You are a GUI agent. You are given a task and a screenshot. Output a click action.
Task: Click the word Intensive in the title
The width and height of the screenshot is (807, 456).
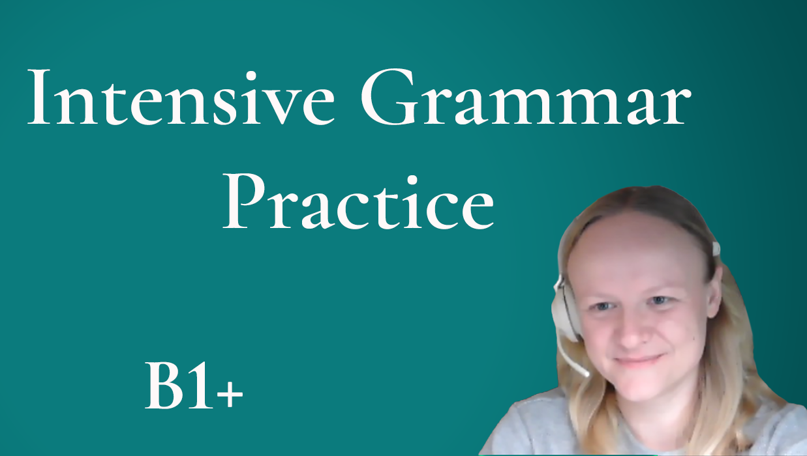pos(181,97)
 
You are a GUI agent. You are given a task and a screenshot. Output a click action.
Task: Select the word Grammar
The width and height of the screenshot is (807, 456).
pos(526,97)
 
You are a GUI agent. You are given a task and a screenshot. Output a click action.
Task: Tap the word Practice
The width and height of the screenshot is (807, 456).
pos(358,201)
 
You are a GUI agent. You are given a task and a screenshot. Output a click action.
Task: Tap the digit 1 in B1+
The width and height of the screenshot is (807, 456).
pos(201,386)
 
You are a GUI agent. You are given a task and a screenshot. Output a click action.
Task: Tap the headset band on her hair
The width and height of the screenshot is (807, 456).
pos(715,248)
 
